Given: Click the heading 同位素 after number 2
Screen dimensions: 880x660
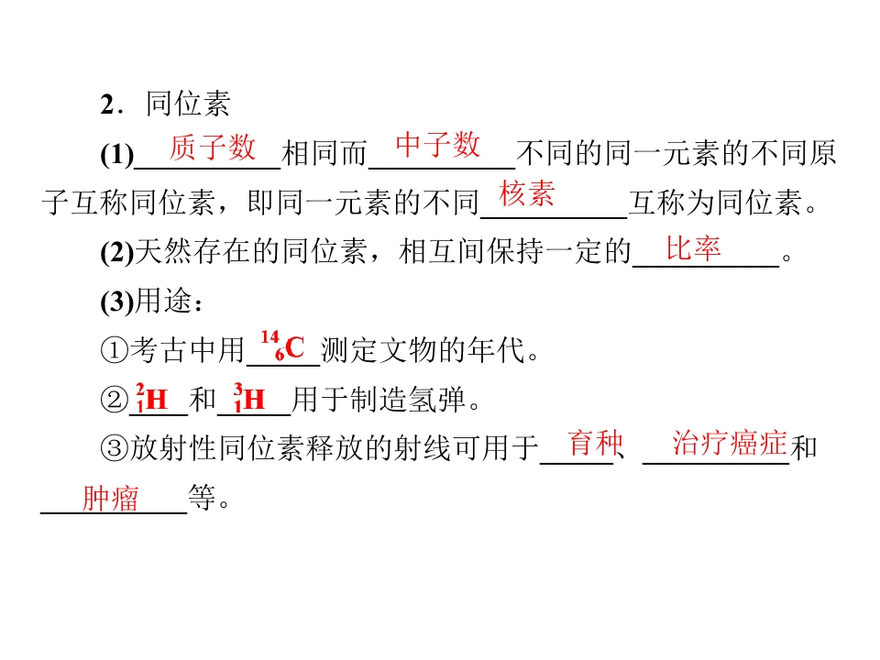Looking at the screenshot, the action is coord(188,104).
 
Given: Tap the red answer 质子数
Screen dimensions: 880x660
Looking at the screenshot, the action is coord(212,148).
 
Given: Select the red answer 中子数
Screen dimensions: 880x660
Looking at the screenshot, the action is coord(438,145).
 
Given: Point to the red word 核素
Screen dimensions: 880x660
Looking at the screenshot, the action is coord(526,194).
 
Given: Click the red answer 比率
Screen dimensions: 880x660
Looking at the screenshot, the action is coord(693,248).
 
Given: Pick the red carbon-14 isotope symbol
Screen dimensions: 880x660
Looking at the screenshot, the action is coord(282,346).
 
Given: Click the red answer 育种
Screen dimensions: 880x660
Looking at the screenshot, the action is coord(595,444).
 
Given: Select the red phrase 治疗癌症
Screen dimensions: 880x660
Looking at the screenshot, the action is coord(730,443).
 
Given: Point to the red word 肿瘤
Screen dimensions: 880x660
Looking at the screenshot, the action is coord(110,498).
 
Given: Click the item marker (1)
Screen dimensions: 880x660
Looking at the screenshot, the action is coord(117,154).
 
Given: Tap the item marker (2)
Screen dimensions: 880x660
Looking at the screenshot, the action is coord(117,253).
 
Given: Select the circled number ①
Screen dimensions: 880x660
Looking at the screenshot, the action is coord(115,349).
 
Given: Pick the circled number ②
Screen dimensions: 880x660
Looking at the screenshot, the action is coord(115,399).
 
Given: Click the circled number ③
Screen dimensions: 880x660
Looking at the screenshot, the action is coord(115,448).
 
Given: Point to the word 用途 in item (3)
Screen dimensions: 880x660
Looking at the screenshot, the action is coord(163,301).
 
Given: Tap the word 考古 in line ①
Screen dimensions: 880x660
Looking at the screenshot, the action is coord(159,349).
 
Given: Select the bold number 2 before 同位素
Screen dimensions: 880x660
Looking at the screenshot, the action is coord(107,104).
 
